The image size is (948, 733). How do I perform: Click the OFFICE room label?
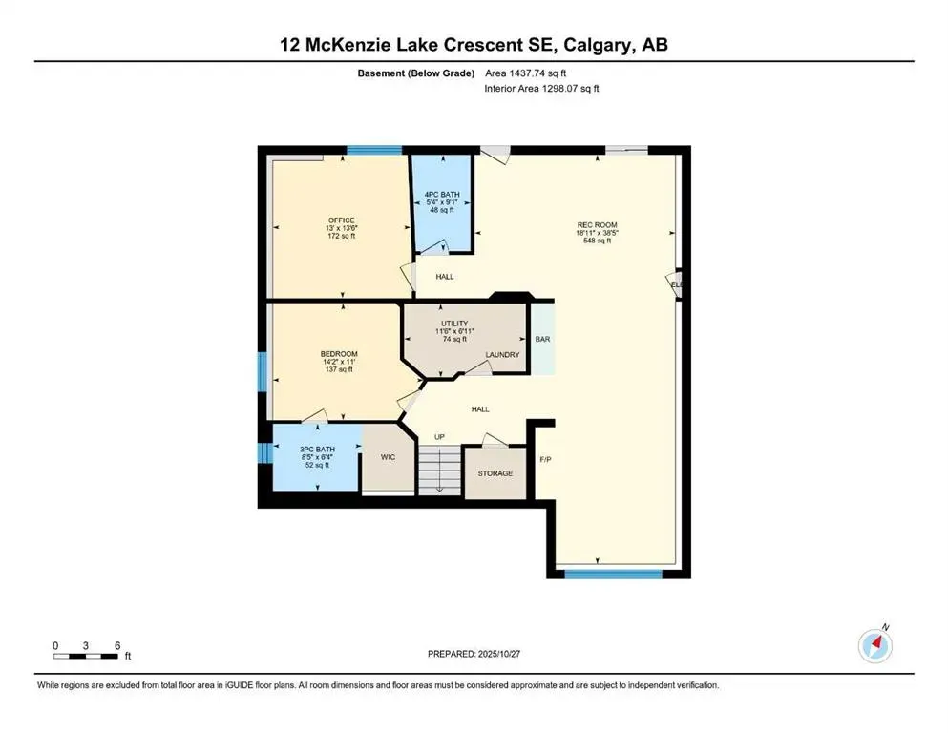(x=341, y=220)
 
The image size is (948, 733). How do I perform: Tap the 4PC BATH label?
(x=442, y=194)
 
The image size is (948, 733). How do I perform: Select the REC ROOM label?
(x=596, y=225)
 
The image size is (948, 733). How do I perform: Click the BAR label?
(x=542, y=339)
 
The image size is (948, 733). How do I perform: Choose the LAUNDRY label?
(x=502, y=355)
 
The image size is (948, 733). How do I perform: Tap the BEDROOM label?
(x=337, y=354)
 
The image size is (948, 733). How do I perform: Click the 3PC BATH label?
(x=318, y=450)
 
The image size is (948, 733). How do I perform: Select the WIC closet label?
(x=388, y=457)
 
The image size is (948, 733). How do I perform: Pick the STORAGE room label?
(x=495, y=473)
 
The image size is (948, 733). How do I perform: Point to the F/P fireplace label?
(x=546, y=459)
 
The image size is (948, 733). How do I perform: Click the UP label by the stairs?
(x=440, y=437)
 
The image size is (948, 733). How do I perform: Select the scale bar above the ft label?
(x=86, y=656)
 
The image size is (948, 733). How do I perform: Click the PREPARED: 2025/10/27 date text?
(x=474, y=654)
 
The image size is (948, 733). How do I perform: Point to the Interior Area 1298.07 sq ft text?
(x=541, y=89)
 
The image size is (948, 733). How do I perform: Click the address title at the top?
(x=474, y=45)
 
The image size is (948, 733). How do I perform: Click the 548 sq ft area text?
(x=596, y=241)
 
